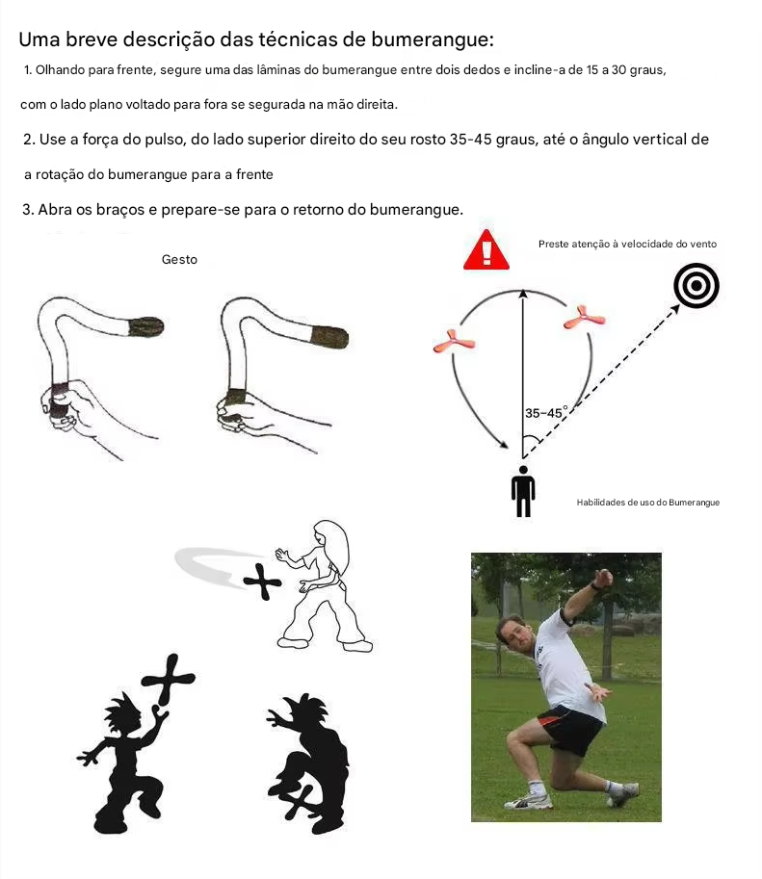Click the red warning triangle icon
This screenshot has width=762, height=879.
pyautogui.click(x=486, y=250)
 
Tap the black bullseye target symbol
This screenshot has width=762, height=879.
pyautogui.click(x=696, y=285)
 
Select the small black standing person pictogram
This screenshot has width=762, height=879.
pyautogui.click(x=523, y=491)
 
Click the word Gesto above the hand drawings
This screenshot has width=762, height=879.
pyautogui.click(x=179, y=260)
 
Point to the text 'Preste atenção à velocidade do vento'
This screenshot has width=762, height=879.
pyautogui.click(x=627, y=244)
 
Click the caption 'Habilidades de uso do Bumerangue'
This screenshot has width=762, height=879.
pyautogui.click(x=648, y=503)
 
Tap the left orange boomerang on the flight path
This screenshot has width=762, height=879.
pyautogui.click(x=454, y=342)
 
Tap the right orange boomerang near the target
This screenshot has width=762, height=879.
pyautogui.click(x=584, y=318)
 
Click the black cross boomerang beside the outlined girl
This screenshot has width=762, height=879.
pyautogui.click(x=262, y=582)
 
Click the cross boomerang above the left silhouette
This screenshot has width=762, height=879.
pyautogui.click(x=168, y=680)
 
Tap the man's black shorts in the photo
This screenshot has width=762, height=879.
pyautogui.click(x=569, y=729)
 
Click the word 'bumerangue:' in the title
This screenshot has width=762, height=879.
pyautogui.click(x=433, y=39)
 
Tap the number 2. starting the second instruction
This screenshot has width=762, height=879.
pyautogui.click(x=29, y=140)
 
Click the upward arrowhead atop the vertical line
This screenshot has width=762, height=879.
pyautogui.click(x=523, y=294)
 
